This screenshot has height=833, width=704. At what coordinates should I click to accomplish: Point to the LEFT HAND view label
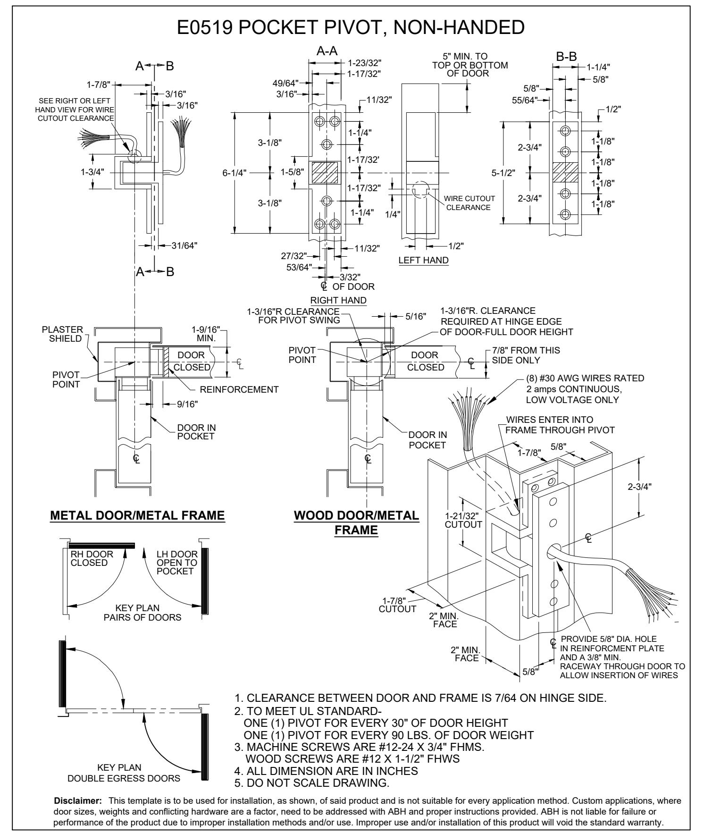(423, 260)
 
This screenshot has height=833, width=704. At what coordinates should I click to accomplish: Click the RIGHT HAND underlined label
(338, 301)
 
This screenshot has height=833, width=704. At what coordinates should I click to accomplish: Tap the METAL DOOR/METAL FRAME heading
(137, 516)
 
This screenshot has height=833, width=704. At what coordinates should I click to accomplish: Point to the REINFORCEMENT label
(239, 390)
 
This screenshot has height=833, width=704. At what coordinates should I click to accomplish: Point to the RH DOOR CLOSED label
(89, 558)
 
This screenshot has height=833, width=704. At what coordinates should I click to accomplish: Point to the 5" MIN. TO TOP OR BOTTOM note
(469, 65)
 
